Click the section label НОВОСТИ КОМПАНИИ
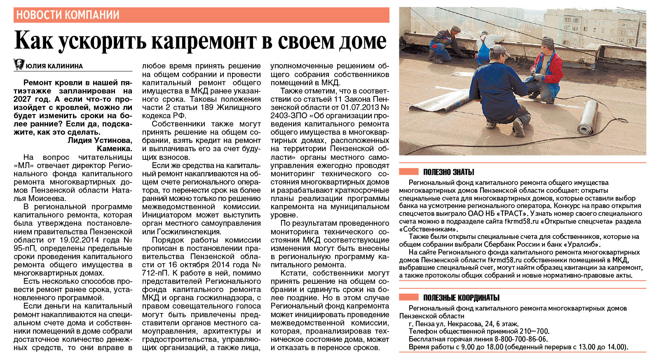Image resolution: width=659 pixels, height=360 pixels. pyautogui.click(x=68, y=15)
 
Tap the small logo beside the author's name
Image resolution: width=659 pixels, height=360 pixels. pyautogui.click(x=19, y=64)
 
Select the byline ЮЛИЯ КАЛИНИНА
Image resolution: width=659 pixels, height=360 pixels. pyautogui.click(x=54, y=66)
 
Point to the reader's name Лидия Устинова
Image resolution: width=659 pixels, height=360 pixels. pyautogui.click(x=100, y=140)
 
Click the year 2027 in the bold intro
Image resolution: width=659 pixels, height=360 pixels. pyautogui.click(x=22, y=99)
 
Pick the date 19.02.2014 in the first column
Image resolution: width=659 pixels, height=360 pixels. pyautogui.click(x=79, y=240)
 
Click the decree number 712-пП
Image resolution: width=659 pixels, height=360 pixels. pyautogui.click(x=155, y=273)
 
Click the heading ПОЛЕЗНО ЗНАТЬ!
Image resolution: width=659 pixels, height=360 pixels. pyautogui.click(x=448, y=172)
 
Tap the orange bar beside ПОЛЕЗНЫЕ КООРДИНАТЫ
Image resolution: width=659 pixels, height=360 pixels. pyautogui.click(x=409, y=297)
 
